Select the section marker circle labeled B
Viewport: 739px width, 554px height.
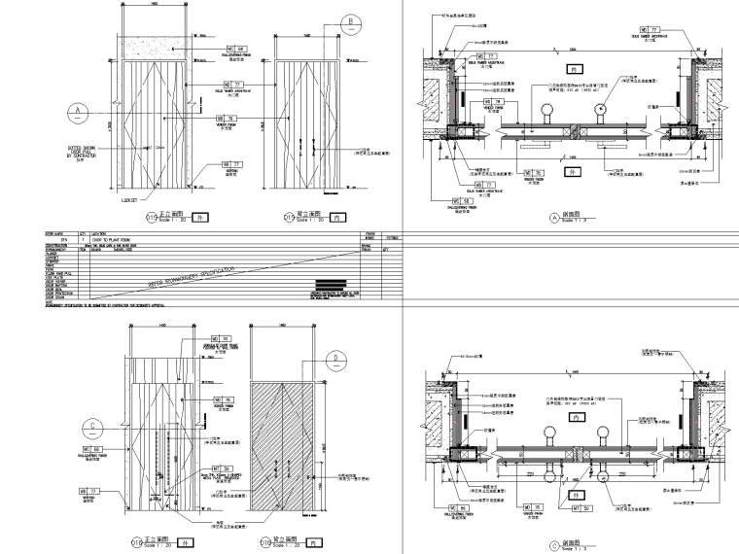click(351, 22)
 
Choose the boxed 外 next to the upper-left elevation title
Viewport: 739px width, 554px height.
click(199, 218)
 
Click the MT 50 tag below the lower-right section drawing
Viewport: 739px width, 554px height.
click(581, 507)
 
